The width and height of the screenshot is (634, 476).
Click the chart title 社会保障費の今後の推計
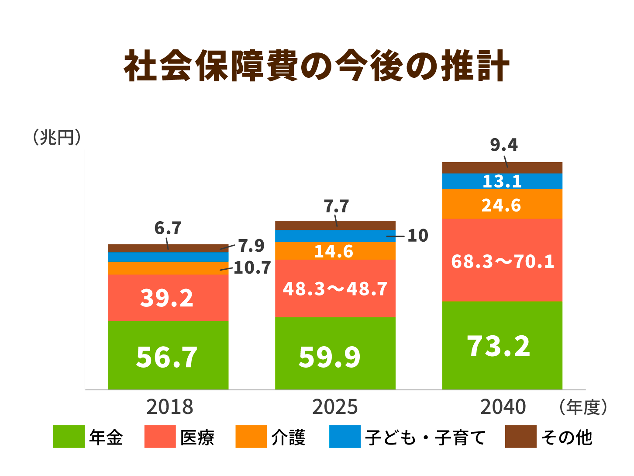tap(317, 66)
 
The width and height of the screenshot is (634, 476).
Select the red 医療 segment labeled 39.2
tap(168, 298)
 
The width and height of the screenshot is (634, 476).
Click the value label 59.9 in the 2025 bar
tap(330, 357)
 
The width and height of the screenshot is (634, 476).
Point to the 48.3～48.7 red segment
tap(335, 289)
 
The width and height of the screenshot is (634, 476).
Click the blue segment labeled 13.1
tap(502, 181)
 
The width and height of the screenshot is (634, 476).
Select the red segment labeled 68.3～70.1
tap(502, 261)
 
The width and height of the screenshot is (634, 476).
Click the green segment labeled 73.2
tap(499, 346)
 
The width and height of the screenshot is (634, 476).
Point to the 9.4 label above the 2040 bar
tap(504, 145)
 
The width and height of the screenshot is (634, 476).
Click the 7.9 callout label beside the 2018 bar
tap(252, 246)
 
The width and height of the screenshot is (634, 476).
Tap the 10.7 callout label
tap(252, 268)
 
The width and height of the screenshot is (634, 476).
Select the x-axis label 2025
tap(335, 407)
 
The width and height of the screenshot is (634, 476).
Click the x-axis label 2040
tap(503, 407)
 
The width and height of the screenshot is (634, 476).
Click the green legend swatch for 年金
tap(69, 437)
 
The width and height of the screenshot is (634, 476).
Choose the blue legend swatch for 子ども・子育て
tap(345, 437)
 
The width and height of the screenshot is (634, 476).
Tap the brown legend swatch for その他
tap(521, 437)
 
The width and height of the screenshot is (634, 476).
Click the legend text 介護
tap(288, 437)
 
